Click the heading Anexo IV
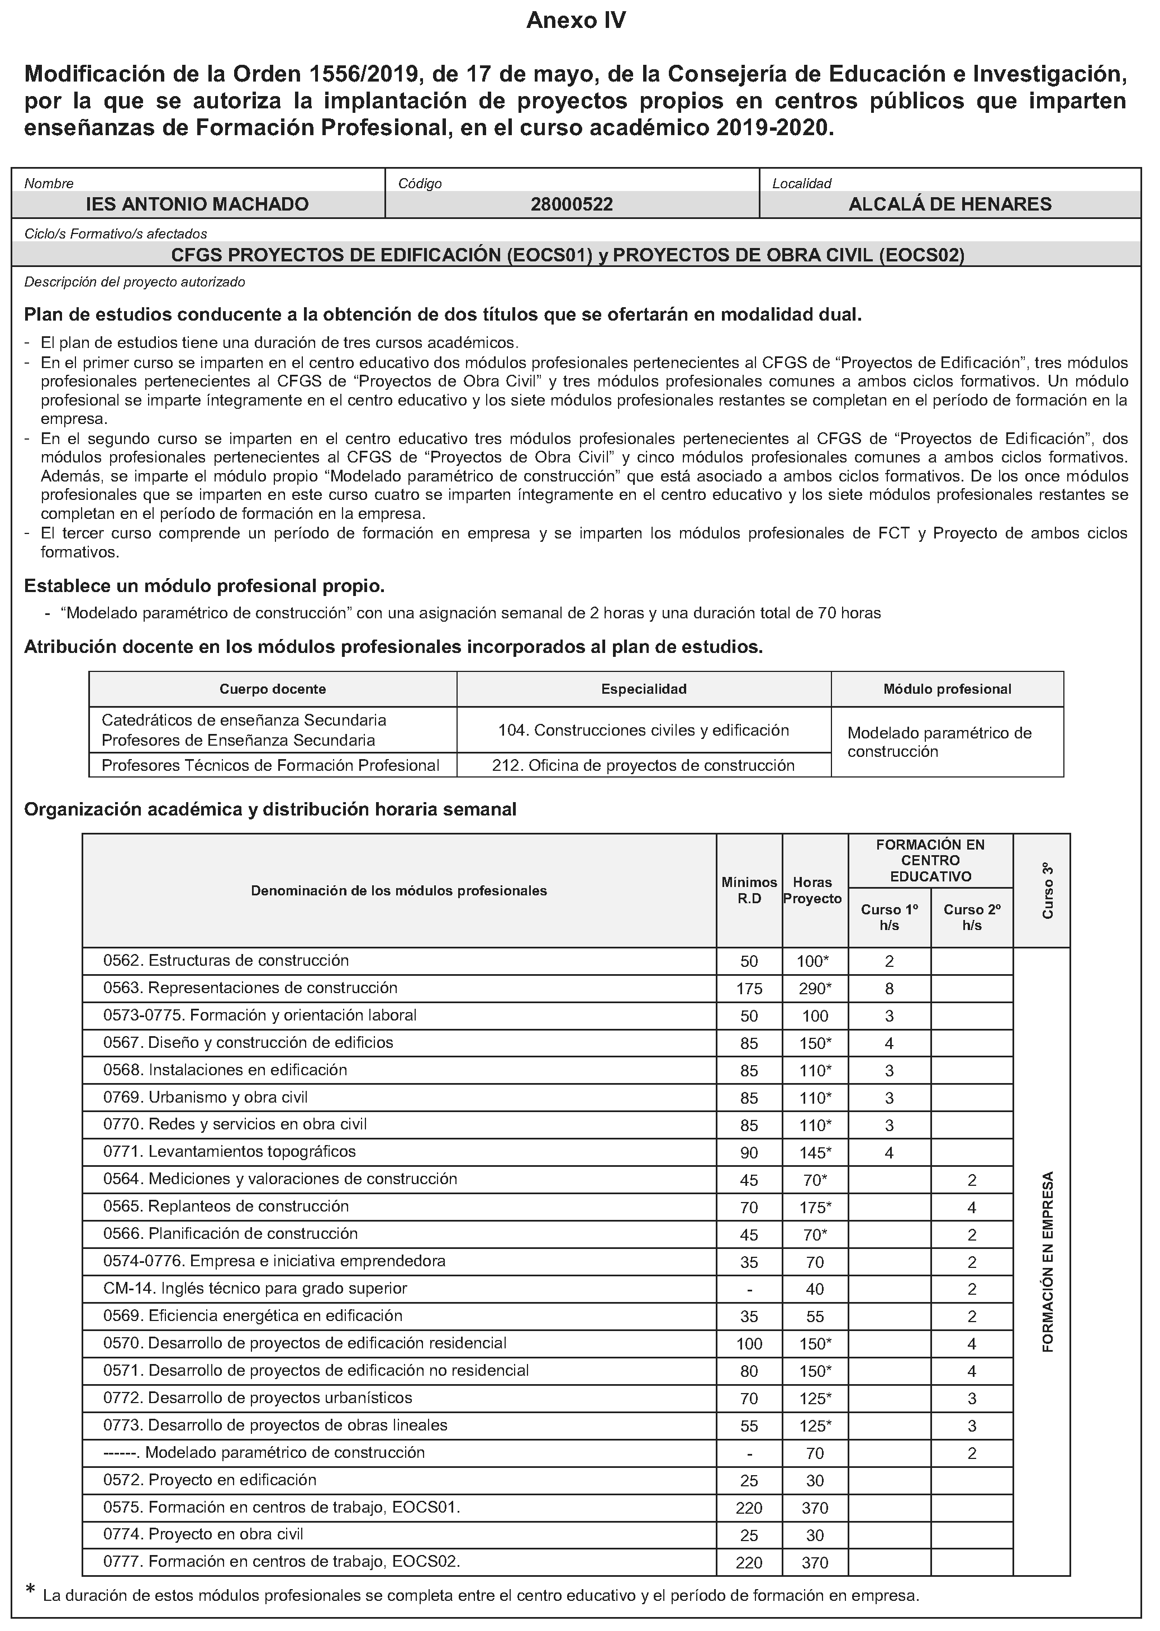(x=576, y=21)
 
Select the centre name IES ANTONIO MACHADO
(x=197, y=204)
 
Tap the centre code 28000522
(x=572, y=204)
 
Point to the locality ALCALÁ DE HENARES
(x=949, y=204)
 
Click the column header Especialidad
(x=644, y=689)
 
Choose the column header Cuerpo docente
(x=273, y=689)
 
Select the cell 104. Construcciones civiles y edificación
(x=644, y=730)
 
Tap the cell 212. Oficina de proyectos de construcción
(x=644, y=766)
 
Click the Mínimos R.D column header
(x=749, y=890)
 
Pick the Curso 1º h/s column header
(x=890, y=917)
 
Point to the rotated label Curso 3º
(x=1048, y=890)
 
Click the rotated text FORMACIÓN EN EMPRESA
(x=1048, y=1262)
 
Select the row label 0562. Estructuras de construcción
(x=226, y=961)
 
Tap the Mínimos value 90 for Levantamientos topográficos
(x=749, y=1152)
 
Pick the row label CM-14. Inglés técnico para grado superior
(x=255, y=1288)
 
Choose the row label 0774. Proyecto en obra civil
(x=203, y=1534)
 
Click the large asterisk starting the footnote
(x=30, y=1587)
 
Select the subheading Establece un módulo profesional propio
(x=205, y=586)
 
